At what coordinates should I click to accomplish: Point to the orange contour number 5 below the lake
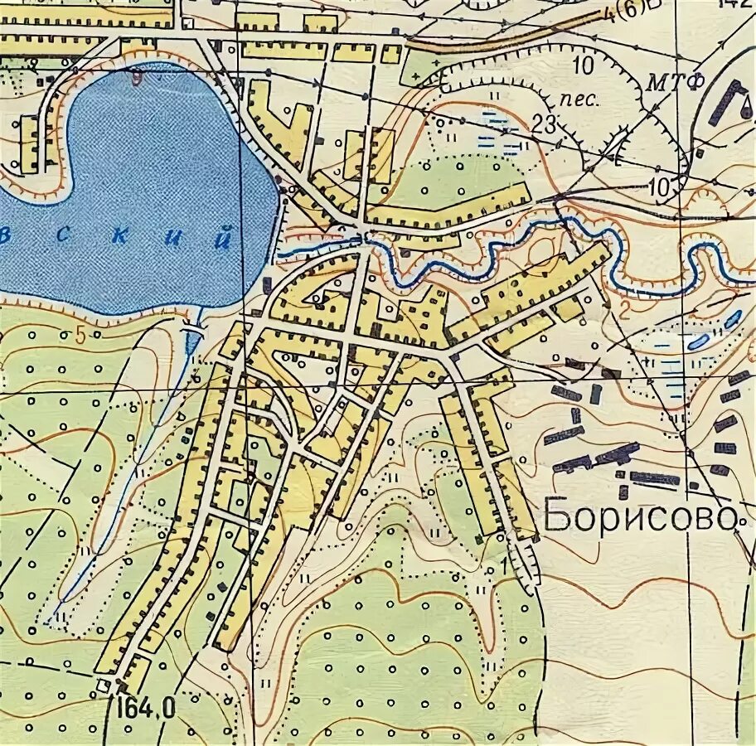tap(80, 335)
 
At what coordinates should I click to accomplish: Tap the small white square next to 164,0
tap(104, 685)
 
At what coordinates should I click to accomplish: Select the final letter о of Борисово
tap(727, 520)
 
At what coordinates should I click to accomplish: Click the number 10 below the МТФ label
tap(660, 188)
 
